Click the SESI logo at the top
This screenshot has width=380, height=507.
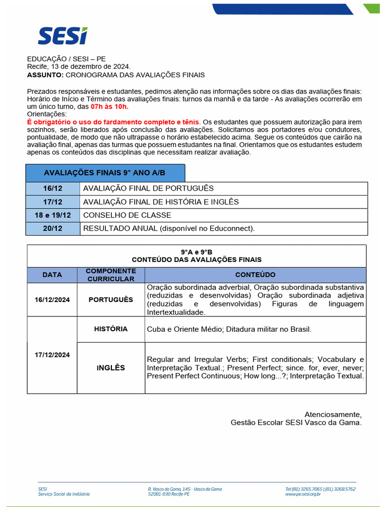coord(62,36)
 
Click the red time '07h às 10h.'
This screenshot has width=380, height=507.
coord(109,106)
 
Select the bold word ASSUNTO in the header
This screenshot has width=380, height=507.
coord(45,75)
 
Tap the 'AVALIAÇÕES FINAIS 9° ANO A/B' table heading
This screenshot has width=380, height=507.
coord(105,173)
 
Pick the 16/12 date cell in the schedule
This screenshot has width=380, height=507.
coord(52,189)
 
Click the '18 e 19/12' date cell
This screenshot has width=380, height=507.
coord(52,215)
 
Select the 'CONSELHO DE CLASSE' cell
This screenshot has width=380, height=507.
coord(127,215)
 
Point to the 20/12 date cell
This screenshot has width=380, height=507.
coord(52,228)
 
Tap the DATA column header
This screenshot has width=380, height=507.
coord(52,275)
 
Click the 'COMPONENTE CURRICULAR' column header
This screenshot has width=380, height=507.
coord(111,275)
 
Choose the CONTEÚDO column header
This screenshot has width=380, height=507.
coord(255,275)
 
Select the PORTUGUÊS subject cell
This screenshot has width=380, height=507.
coord(111,300)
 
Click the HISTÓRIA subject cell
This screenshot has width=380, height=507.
coord(111,329)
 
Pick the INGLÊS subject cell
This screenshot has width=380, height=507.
coord(111,368)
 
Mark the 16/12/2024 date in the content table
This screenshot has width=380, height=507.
coord(52,300)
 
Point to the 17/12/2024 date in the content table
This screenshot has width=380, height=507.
coord(52,355)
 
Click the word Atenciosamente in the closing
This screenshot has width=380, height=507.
coord(333,414)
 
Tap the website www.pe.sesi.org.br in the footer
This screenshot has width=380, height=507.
coord(303,494)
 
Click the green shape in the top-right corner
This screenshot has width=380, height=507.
coord(372,8)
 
